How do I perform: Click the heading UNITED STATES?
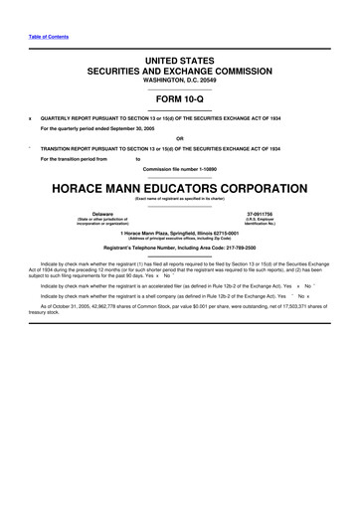[179, 62]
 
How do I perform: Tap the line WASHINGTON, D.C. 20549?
[179, 82]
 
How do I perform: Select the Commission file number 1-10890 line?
[179, 168]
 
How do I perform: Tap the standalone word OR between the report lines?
[179, 138]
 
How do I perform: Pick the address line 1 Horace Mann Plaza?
[179, 233]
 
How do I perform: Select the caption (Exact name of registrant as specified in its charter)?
[179, 199]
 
